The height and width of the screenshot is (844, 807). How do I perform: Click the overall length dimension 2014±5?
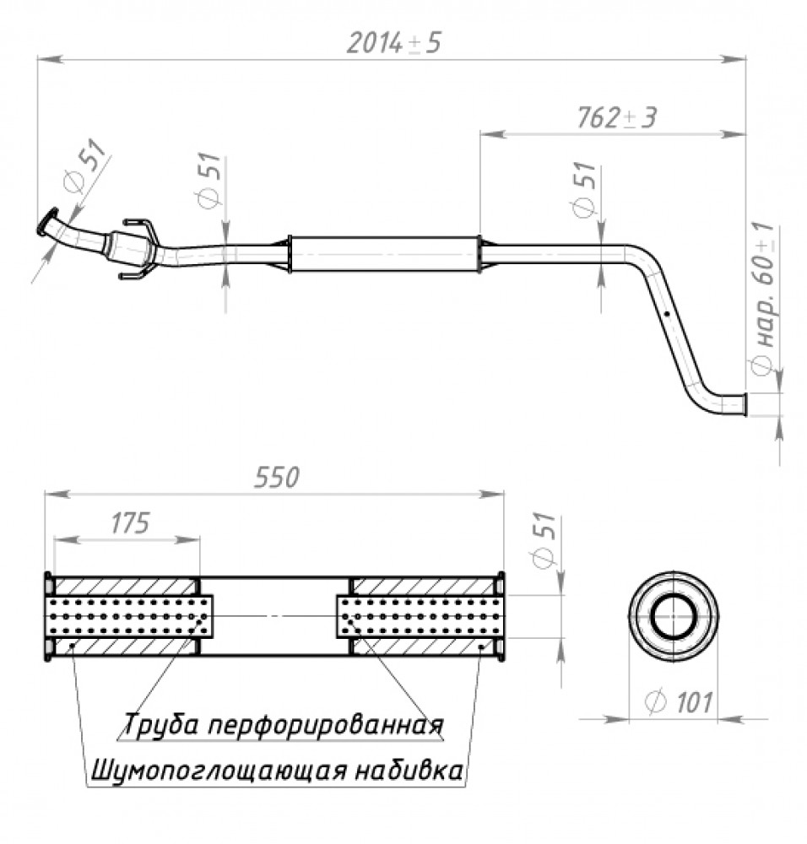[393, 43]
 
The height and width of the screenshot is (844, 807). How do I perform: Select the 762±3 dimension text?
[617, 117]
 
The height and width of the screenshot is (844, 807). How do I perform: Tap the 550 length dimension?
[277, 477]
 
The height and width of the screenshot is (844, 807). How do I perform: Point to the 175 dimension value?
[130, 522]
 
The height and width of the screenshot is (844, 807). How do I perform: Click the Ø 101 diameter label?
[679, 702]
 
